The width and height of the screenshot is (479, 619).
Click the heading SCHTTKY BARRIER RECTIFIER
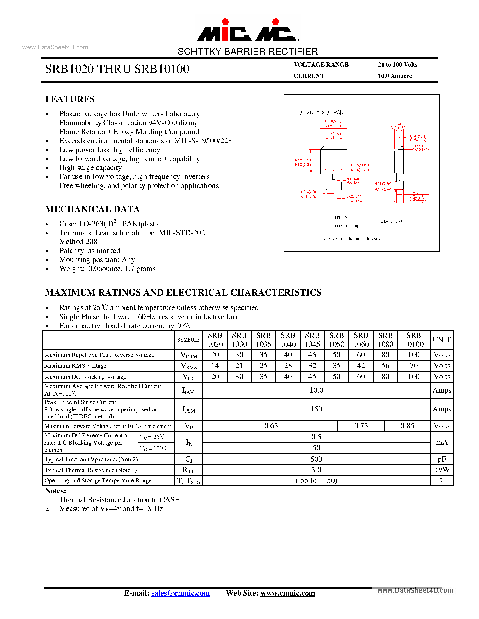tap(248, 52)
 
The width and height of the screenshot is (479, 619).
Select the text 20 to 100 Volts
tap(398, 65)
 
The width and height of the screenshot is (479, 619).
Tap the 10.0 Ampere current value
tap(394, 76)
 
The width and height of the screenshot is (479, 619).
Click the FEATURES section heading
tap(70, 99)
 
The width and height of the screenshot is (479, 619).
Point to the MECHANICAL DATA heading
tap(92, 209)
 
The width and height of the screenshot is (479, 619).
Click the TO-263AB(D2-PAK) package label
tap(320, 113)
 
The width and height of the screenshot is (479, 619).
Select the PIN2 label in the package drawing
tap(338, 226)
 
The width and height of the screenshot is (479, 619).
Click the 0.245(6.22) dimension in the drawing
tap(332, 134)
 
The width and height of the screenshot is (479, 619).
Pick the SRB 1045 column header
tap(312, 340)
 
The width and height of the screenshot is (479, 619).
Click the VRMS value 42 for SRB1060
tap(361, 366)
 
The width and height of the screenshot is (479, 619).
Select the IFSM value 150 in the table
tap(316, 409)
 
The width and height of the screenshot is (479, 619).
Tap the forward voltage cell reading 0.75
tap(361, 426)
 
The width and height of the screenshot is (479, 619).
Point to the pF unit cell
tap(442, 459)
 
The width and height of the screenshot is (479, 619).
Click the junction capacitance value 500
tap(316, 459)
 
